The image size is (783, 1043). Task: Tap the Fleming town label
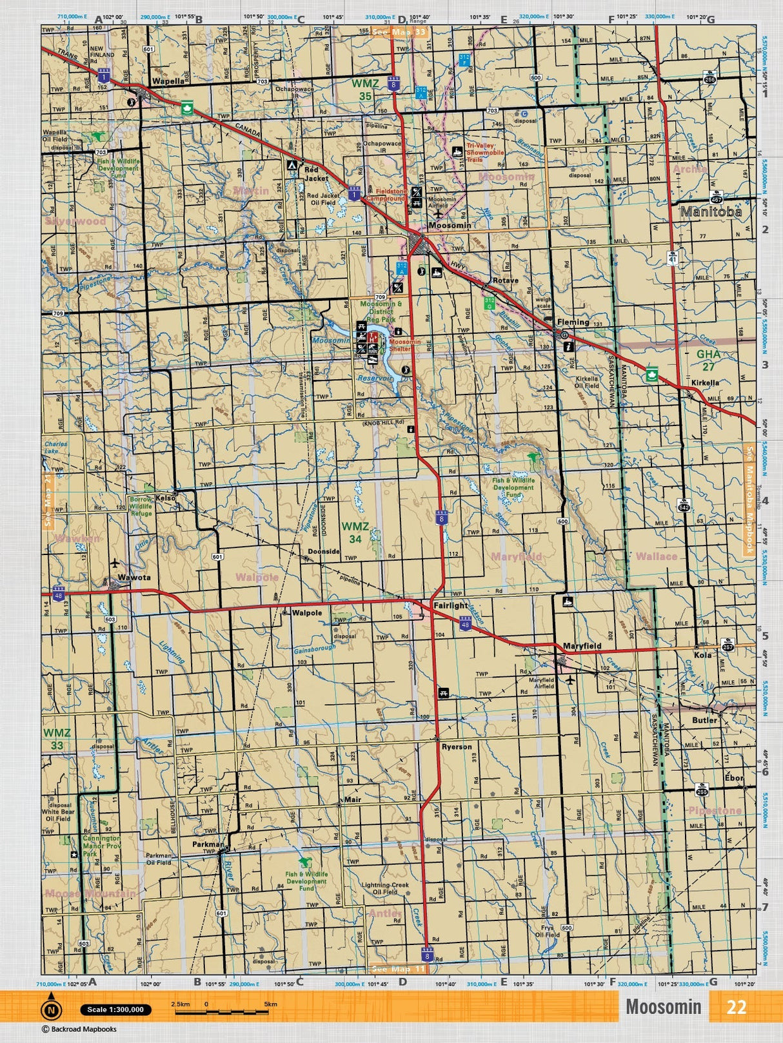tap(573, 322)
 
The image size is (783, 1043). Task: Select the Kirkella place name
tap(704, 382)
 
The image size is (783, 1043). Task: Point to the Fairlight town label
tap(450, 606)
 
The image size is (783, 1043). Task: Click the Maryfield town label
tap(582, 645)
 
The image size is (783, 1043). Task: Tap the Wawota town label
tap(134, 577)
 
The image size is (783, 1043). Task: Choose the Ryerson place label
tap(457, 746)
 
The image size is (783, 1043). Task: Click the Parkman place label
tap(208, 844)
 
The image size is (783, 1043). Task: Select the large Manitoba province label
tap(711, 211)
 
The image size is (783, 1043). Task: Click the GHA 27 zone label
tap(708, 360)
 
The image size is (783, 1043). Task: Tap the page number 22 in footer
tap(736, 1007)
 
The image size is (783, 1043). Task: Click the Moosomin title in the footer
tap(663, 1007)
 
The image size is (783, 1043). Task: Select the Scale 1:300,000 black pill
tap(115, 1009)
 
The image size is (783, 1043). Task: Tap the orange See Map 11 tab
tap(399, 969)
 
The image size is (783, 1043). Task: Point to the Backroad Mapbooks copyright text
tap(79, 1029)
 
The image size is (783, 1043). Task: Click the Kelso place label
tap(165, 498)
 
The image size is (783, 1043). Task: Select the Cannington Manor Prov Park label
tap(101, 846)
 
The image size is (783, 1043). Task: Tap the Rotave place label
tap(505, 280)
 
